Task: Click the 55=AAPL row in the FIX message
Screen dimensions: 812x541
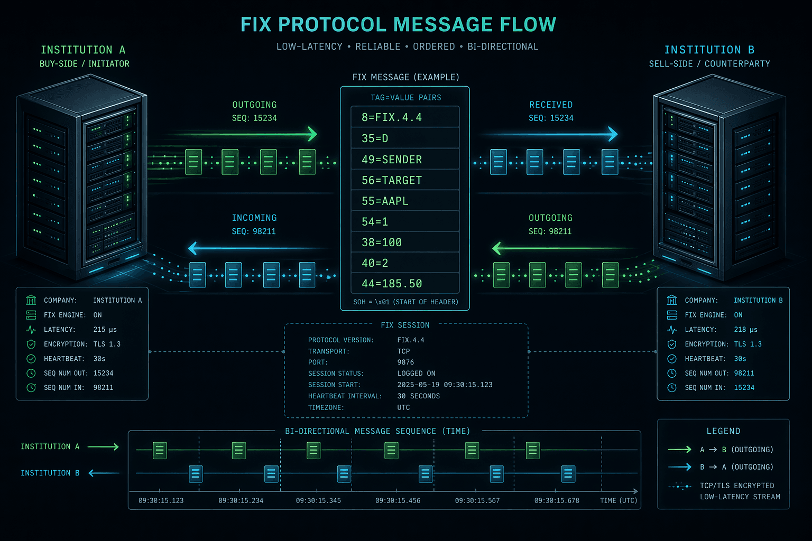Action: (x=405, y=200)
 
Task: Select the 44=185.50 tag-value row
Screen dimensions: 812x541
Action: (x=405, y=283)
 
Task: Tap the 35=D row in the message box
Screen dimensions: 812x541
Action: (x=405, y=138)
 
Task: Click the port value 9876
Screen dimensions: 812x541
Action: (x=405, y=362)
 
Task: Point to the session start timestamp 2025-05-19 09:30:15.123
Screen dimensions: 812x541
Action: (x=445, y=385)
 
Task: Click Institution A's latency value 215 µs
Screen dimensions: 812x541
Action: (x=105, y=329)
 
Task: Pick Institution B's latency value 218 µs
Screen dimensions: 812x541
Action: (x=746, y=329)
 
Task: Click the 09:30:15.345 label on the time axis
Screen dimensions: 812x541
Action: (x=318, y=500)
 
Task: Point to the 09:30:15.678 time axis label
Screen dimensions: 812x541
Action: (x=557, y=500)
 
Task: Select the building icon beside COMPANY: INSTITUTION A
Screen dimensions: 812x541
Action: (x=31, y=300)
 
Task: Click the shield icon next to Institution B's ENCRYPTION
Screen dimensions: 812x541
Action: (x=672, y=344)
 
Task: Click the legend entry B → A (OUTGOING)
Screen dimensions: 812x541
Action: (x=736, y=467)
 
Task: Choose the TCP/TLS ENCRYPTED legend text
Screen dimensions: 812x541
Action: (x=736, y=486)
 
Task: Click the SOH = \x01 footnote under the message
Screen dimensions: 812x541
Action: (x=405, y=302)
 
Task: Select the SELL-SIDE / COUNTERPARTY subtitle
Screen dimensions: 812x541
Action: (x=709, y=64)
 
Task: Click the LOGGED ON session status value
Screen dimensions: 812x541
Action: (x=416, y=373)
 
